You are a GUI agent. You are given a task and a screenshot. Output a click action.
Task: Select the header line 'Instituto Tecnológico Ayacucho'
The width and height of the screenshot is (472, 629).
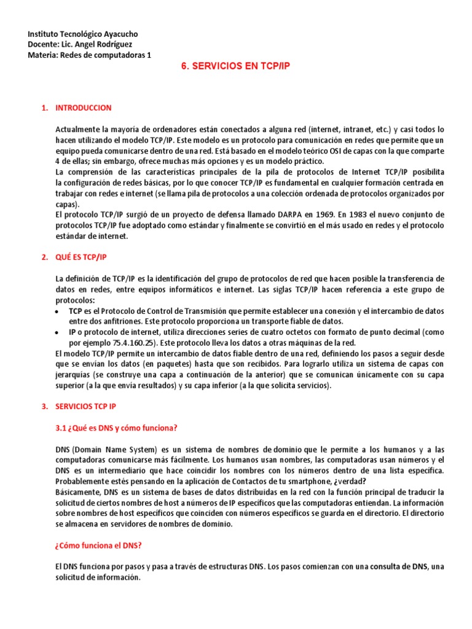tap(83, 34)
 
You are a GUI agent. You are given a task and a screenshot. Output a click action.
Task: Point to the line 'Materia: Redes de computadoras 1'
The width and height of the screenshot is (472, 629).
tap(89, 55)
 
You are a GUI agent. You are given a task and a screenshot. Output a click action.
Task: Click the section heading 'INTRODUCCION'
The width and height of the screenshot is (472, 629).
tap(84, 108)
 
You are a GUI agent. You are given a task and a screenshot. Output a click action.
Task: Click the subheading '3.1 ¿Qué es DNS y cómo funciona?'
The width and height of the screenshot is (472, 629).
tap(116, 428)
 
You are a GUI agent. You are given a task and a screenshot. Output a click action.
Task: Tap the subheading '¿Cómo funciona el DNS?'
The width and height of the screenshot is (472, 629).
tap(99, 545)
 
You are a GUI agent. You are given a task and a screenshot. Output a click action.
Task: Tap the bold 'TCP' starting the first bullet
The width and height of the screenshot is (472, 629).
tap(76, 311)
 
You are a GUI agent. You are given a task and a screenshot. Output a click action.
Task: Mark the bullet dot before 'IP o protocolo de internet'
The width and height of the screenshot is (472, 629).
tap(57, 332)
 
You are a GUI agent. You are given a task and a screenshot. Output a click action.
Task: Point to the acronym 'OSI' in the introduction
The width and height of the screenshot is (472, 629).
tap(326, 150)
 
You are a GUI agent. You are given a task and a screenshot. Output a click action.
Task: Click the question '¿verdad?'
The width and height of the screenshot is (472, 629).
tap(354, 481)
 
